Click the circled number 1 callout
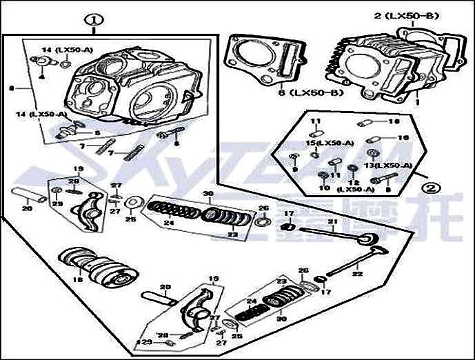(x=92, y=21)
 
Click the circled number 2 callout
(x=430, y=186)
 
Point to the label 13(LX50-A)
(x=378, y=166)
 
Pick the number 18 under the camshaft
(x=77, y=281)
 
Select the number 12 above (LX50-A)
(x=355, y=182)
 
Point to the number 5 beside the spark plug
(x=97, y=132)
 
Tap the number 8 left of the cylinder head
(x=10, y=88)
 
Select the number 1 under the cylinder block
(x=417, y=101)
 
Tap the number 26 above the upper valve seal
(x=263, y=208)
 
